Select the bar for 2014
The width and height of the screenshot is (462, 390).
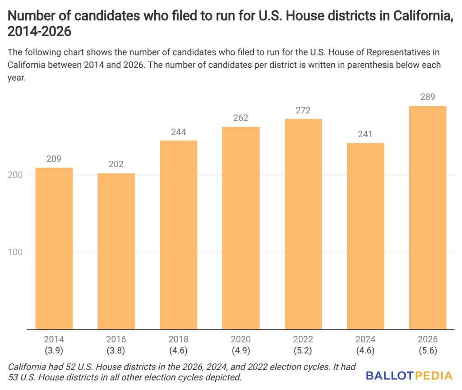click(x=54, y=248)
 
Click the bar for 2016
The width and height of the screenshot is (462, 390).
click(x=116, y=251)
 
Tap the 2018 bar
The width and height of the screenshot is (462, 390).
click(x=178, y=235)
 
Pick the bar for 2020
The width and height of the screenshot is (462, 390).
click(x=240, y=228)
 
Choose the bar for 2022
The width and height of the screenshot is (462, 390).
click(x=303, y=224)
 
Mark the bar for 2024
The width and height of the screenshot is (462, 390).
click(x=365, y=236)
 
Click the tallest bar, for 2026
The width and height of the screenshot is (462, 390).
click(x=427, y=218)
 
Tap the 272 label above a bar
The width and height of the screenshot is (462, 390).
click(x=303, y=111)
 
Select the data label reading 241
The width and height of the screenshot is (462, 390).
click(x=365, y=135)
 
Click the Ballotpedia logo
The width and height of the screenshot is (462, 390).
click(x=409, y=375)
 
